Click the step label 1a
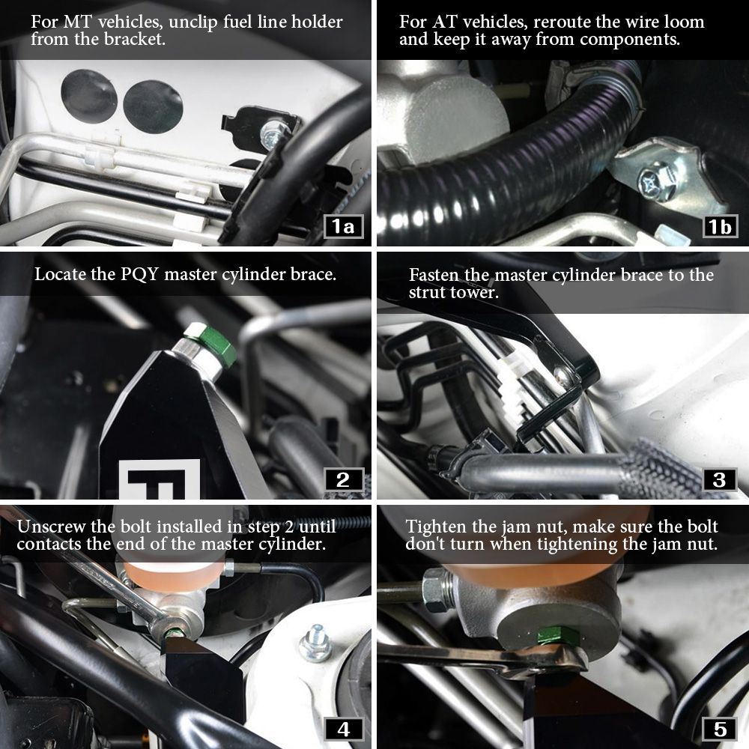(343, 226)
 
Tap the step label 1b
(720, 226)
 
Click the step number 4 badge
(343, 728)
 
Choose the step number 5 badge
(720, 728)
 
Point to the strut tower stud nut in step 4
(315, 645)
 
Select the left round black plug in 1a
(88, 99)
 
